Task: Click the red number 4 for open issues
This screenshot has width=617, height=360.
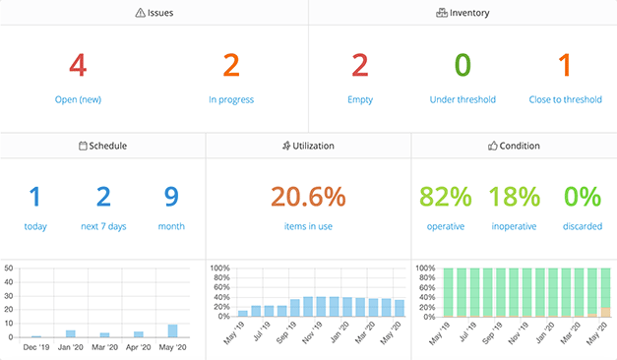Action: [78, 65]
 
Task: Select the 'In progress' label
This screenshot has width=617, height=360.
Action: [231, 99]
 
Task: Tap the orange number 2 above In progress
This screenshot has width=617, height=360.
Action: [231, 65]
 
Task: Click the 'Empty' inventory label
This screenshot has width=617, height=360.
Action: [360, 99]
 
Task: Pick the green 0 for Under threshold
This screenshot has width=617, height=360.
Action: [463, 65]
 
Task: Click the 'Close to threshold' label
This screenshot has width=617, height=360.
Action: [565, 99]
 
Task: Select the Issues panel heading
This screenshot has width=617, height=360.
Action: [154, 13]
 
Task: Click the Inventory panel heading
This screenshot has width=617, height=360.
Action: [463, 13]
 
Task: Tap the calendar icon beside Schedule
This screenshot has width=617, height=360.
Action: [83, 146]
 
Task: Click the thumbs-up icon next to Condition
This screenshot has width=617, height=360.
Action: [494, 146]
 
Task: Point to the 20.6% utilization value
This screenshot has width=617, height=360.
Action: [308, 197]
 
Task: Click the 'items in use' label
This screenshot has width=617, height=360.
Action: [308, 226]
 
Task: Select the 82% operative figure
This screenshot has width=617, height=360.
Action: [446, 197]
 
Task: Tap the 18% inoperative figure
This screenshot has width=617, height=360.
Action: [514, 197]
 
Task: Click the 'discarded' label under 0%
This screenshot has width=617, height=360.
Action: [582, 226]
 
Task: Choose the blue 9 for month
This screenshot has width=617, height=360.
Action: [171, 197]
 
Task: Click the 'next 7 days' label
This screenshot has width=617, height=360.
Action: [103, 226]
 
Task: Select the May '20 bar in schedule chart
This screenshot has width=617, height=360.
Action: [172, 331]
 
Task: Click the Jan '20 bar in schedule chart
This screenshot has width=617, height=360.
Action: [70, 334]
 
